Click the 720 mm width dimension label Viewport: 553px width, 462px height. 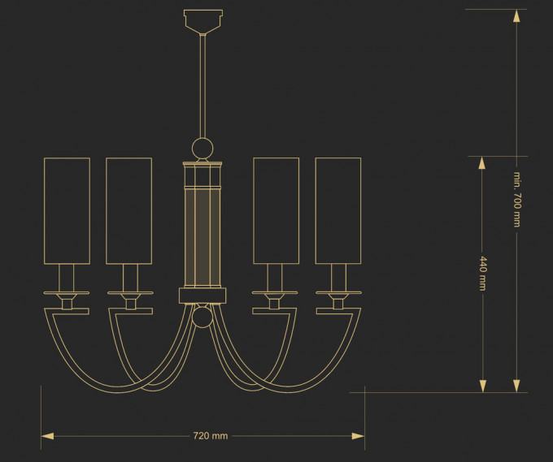(x=211, y=436)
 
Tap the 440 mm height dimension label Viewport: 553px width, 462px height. (x=483, y=274)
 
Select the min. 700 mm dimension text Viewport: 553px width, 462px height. (x=516, y=199)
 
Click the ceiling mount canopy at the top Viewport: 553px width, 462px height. (x=203, y=21)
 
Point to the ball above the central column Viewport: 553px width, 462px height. (x=202, y=149)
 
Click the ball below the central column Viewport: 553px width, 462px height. (x=202, y=317)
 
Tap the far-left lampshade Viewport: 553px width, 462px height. (x=67, y=210)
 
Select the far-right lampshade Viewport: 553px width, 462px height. (x=338, y=210)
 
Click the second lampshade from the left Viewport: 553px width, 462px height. (x=129, y=210)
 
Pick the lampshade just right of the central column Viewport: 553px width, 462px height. (x=276, y=210)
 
